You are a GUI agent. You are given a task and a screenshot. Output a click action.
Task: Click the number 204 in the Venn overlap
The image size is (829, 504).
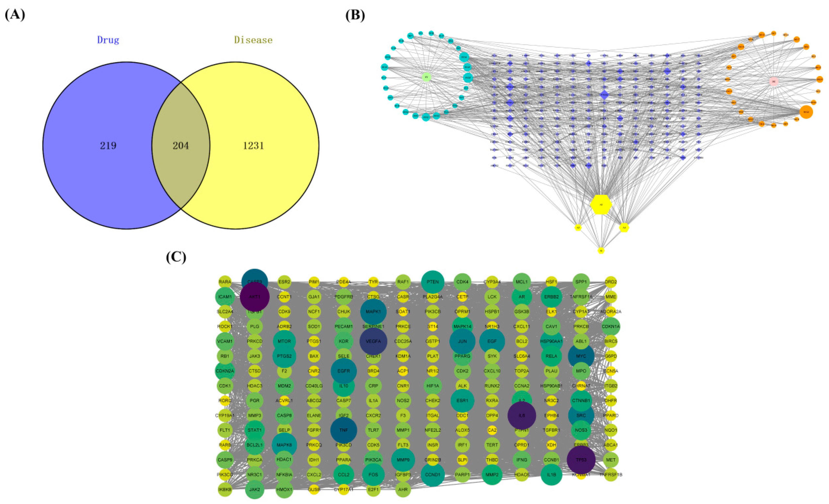tap(181, 145)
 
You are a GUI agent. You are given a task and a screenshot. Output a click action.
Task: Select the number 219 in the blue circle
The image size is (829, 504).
tap(108, 145)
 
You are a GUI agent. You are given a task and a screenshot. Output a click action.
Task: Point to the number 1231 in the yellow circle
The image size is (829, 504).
tap(253, 145)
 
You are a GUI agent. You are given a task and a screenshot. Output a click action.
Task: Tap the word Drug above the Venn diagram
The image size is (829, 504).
tap(108, 40)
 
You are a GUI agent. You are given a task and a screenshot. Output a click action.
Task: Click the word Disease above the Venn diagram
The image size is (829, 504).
tap(253, 40)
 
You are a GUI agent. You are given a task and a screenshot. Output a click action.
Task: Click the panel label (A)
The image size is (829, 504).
tap(15, 16)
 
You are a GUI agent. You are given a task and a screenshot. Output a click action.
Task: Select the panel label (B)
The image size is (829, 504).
tap(355, 16)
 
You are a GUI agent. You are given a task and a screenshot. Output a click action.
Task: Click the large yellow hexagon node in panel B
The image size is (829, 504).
tap(601, 204)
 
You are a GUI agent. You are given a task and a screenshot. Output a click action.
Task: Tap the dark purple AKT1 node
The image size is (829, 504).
tap(255, 297)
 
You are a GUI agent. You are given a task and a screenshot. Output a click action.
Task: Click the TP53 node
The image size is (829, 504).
tap(581, 460)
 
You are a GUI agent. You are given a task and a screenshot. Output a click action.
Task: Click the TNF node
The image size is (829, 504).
tap(344, 430)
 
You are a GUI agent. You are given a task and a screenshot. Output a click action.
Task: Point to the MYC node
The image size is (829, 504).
tap(581, 356)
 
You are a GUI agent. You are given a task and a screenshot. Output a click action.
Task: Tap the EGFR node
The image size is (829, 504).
tap(344, 371)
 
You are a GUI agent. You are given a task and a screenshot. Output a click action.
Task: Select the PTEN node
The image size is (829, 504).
tap(433, 282)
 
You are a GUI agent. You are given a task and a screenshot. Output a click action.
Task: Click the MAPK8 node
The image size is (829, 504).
tap(284, 445)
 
